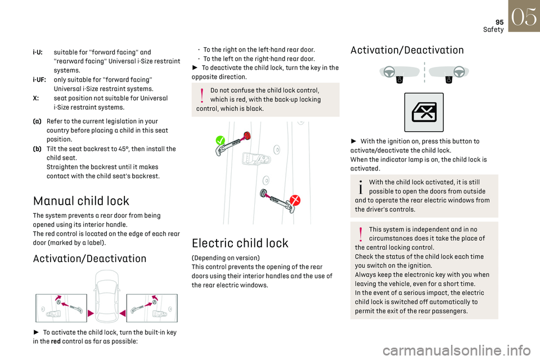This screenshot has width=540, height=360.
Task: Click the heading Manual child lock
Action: (81, 201)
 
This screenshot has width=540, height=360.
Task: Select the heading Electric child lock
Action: (240, 243)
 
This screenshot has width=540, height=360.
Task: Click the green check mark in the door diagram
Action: (220, 141)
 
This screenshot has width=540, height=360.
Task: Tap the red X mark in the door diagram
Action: (294, 200)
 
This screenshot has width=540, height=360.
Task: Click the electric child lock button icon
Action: (424, 112)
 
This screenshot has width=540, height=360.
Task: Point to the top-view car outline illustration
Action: (106, 295)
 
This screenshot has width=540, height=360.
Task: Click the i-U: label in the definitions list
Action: (38, 52)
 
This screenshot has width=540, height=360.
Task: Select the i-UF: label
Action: (40, 80)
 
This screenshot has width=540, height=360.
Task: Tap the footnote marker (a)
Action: (37, 121)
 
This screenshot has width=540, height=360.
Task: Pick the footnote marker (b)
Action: (37, 148)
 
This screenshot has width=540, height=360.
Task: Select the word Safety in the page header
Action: (493, 29)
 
